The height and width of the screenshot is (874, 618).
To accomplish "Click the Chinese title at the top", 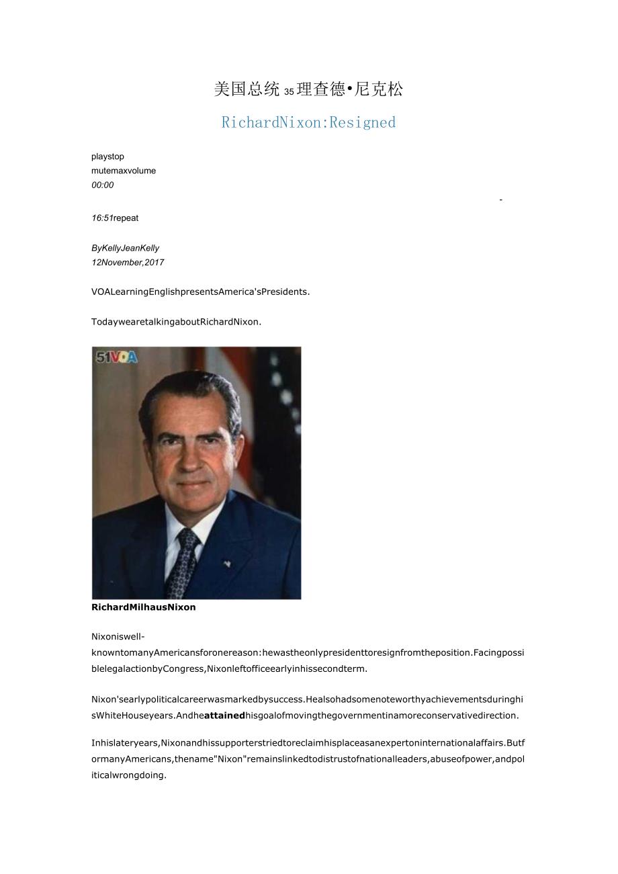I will [308, 89].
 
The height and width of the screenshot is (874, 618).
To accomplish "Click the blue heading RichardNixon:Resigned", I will [308, 122].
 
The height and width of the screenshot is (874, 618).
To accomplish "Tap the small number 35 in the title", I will [289, 92].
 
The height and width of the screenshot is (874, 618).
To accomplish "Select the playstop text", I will [107, 157].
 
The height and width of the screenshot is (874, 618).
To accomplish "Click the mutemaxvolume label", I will [124, 171].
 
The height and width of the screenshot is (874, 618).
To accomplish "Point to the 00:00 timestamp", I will [103, 185].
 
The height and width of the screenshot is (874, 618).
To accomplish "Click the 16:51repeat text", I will [115, 218].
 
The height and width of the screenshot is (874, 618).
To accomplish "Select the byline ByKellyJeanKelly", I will [125, 248].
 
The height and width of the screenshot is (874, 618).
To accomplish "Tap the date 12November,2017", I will [128, 263].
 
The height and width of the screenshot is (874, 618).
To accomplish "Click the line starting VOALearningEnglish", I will [200, 292].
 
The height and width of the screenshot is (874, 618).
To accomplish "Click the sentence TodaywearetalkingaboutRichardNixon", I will [176, 322].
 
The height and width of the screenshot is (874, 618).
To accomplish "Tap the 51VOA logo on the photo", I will [116, 357].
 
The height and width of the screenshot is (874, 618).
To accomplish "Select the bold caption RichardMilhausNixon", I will [144, 607].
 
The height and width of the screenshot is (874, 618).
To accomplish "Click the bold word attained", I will [224, 715].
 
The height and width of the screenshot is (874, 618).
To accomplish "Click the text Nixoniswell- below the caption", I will [118, 636].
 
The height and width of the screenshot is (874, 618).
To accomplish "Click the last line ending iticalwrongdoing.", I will [128, 775].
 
